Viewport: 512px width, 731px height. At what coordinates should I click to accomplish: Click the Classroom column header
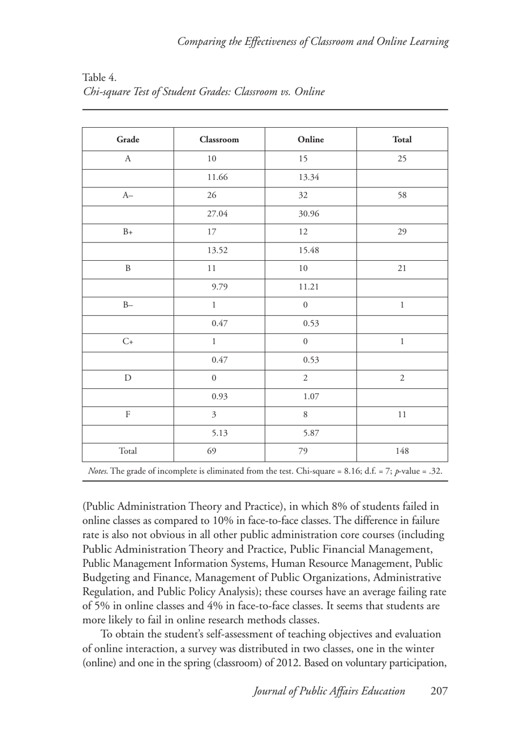[219, 140]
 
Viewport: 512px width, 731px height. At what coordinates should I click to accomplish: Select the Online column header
[310, 140]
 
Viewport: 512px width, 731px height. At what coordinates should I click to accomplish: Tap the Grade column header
[128, 140]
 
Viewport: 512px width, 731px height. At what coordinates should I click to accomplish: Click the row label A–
[128, 196]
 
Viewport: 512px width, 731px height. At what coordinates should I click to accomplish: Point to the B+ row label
[128, 232]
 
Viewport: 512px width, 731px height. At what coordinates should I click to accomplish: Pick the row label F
[128, 415]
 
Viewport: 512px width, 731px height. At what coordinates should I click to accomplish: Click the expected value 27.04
[217, 214]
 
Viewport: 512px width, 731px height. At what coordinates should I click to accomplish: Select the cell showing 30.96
[309, 214]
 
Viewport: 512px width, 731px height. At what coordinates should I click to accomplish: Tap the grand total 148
[402, 451]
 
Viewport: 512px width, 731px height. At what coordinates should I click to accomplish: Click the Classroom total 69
[212, 451]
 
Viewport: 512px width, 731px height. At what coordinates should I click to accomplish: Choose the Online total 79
[303, 451]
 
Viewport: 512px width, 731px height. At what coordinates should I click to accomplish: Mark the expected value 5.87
[311, 433]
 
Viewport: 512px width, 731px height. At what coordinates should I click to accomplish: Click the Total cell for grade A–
[402, 196]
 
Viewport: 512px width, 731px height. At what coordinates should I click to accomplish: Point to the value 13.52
[217, 250]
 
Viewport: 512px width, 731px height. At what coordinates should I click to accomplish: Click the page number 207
[439, 691]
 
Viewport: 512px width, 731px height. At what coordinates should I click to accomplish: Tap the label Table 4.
[100, 78]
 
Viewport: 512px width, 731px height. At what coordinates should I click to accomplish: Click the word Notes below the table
[98, 471]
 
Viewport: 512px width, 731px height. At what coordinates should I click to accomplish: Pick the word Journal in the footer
[272, 691]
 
